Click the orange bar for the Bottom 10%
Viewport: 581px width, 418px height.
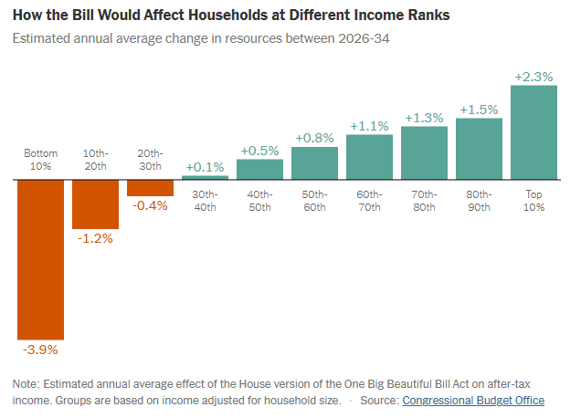(41, 259)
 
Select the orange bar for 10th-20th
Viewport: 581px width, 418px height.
(96, 204)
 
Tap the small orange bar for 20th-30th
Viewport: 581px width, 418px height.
(151, 187)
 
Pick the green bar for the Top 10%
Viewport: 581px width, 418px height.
(534, 133)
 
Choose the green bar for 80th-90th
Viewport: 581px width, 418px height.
(480, 149)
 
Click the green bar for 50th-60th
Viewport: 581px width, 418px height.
(315, 162)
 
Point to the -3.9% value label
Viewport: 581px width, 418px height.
(41, 350)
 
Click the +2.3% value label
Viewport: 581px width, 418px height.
(534, 78)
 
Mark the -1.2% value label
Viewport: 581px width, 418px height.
(96, 238)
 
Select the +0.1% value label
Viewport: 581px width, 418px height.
(206, 167)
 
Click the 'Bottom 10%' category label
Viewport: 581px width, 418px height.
(41, 161)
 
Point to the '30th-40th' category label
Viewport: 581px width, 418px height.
(206, 201)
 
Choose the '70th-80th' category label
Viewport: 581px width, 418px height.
(425, 201)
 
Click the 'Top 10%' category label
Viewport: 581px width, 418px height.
(534, 201)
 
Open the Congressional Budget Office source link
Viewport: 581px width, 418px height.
(473, 401)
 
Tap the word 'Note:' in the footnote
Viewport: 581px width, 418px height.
(26, 383)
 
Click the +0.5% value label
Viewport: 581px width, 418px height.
(260, 151)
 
